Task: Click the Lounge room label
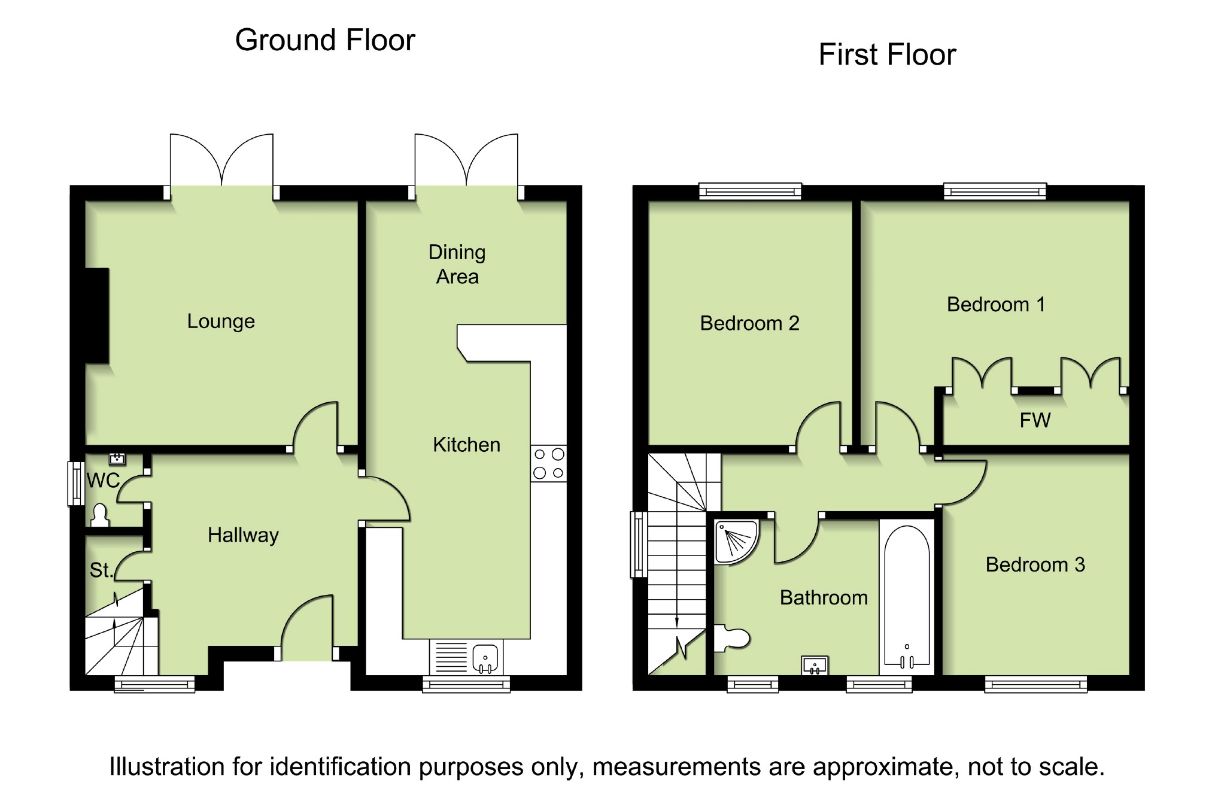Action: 221,321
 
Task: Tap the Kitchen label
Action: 466,445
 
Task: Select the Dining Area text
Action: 457,265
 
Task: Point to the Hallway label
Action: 243,535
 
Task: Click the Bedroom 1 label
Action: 996,305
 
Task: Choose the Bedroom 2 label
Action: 749,323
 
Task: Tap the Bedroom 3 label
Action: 1035,564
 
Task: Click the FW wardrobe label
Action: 1035,420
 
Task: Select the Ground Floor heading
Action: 325,41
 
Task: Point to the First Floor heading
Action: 887,54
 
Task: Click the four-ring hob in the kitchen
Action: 548,463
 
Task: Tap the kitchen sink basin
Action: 485,657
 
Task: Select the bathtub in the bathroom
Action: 907,596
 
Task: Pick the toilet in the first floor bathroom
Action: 732,639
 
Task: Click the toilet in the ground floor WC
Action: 100,515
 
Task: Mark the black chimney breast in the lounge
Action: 98,315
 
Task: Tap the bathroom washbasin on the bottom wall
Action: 815,665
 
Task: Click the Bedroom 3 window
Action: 1035,684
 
